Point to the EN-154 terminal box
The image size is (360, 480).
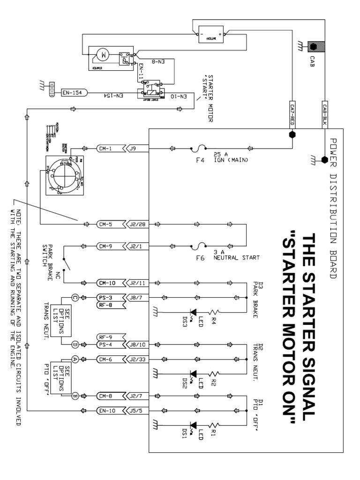(x=73, y=93)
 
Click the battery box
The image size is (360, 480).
(x=211, y=35)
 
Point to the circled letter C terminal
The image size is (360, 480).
(x=75, y=297)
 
